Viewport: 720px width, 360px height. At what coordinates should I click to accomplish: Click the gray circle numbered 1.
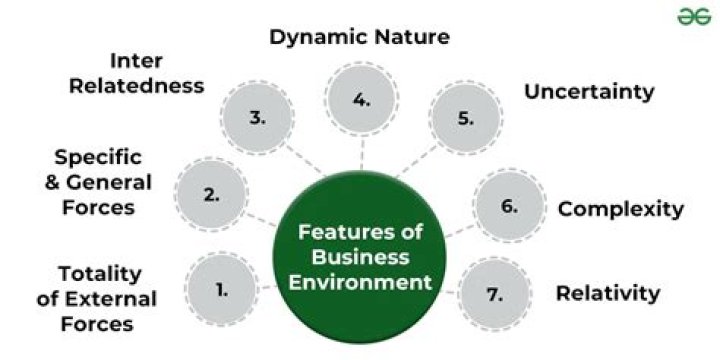coord(222,291)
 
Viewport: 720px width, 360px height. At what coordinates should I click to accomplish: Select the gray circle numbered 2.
coord(212,195)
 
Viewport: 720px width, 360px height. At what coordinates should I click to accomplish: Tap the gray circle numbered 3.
coord(258,117)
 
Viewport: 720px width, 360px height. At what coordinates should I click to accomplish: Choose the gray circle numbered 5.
coord(465,117)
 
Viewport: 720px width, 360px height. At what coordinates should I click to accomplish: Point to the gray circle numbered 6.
coord(509,207)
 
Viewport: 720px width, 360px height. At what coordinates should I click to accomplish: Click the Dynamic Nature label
coord(359,38)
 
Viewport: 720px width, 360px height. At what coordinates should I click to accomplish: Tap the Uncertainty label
coord(589,92)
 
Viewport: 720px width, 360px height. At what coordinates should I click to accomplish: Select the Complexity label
coord(620,209)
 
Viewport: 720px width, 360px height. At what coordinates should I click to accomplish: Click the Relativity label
coord(607,293)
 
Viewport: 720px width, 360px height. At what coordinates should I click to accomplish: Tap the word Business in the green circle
coord(361,257)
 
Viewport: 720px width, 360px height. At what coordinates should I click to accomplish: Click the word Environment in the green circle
coord(361,282)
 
